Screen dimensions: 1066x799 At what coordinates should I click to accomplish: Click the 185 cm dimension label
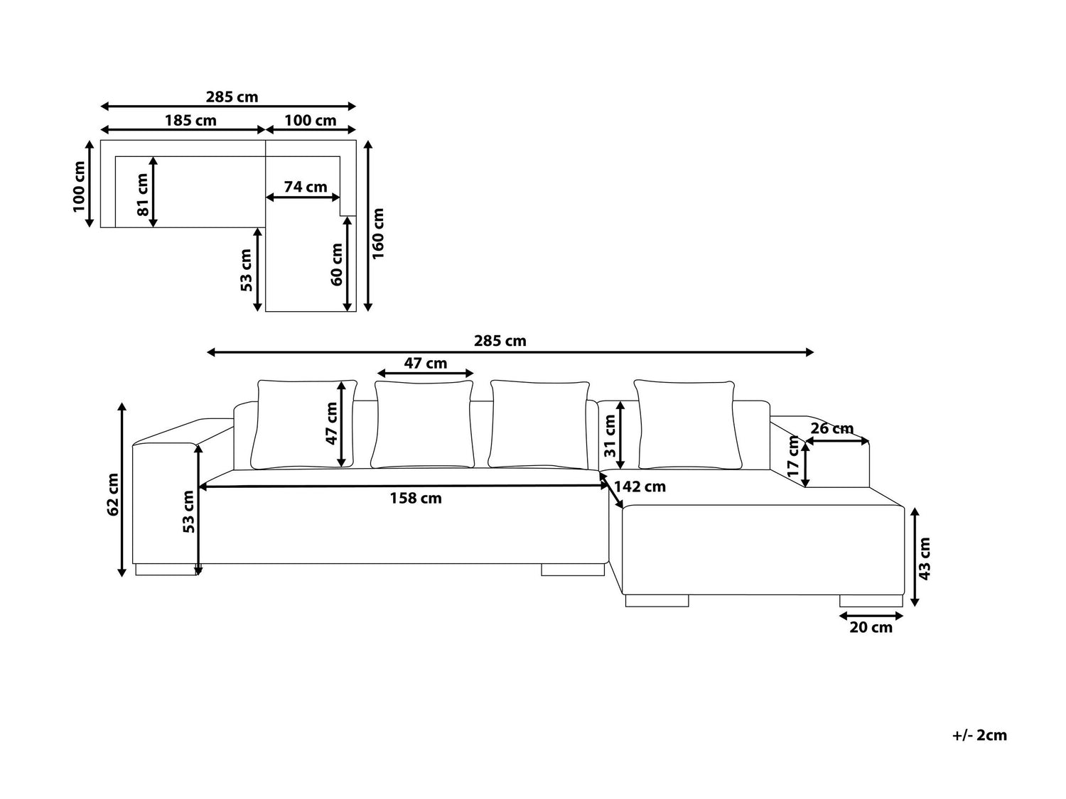click(190, 120)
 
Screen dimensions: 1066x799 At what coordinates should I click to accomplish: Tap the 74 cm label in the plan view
click(306, 187)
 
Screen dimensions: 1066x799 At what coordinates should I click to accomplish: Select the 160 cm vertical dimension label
click(378, 234)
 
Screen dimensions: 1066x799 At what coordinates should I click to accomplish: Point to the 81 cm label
click(142, 195)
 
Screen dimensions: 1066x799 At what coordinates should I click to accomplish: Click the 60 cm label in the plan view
click(337, 264)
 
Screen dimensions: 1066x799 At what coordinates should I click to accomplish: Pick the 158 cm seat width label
click(416, 499)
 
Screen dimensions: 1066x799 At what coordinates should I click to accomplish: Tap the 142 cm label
click(640, 487)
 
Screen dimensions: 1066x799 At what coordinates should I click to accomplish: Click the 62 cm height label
click(113, 494)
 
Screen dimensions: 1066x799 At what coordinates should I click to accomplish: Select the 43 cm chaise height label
click(925, 559)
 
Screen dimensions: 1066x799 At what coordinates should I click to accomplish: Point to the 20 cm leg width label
click(871, 627)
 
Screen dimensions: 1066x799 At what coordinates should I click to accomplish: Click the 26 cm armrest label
click(832, 429)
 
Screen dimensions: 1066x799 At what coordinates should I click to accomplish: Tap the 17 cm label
click(793, 457)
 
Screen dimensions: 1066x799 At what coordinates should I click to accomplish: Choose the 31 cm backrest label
click(610, 436)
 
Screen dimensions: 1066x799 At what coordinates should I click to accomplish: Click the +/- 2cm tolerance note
click(979, 736)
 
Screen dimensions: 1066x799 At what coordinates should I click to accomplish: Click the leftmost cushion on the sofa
click(304, 425)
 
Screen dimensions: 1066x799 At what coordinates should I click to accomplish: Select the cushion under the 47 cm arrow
click(423, 425)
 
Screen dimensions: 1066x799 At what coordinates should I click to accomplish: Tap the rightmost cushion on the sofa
click(688, 425)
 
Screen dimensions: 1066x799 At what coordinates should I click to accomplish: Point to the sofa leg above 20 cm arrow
click(871, 601)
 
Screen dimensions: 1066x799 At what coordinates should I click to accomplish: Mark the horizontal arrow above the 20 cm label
click(871, 616)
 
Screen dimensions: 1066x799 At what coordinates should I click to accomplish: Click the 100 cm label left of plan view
click(79, 187)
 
